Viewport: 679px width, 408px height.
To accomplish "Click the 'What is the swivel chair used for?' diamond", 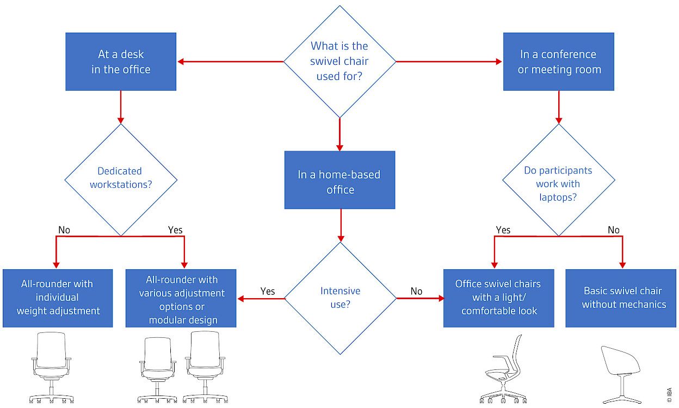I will tap(339, 61).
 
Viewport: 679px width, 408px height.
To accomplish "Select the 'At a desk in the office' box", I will tap(121, 61).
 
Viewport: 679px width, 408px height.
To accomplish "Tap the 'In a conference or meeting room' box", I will tap(559, 61).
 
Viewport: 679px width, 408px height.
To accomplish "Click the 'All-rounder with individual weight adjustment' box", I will tap(58, 298).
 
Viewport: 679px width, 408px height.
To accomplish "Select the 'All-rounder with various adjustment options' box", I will tap(181, 298).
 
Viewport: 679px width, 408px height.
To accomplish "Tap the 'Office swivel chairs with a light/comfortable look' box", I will tap(499, 298).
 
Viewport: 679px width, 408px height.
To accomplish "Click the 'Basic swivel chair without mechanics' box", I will tap(624, 298).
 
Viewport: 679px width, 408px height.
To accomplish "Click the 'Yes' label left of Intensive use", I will tap(268, 291).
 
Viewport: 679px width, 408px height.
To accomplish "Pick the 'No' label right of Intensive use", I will tap(416, 291).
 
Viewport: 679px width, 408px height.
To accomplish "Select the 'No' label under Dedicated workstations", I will tap(64, 230).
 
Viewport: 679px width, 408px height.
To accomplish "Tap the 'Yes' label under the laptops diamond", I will tap(503, 230).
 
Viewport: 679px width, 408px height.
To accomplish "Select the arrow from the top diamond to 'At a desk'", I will tap(231, 61).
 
